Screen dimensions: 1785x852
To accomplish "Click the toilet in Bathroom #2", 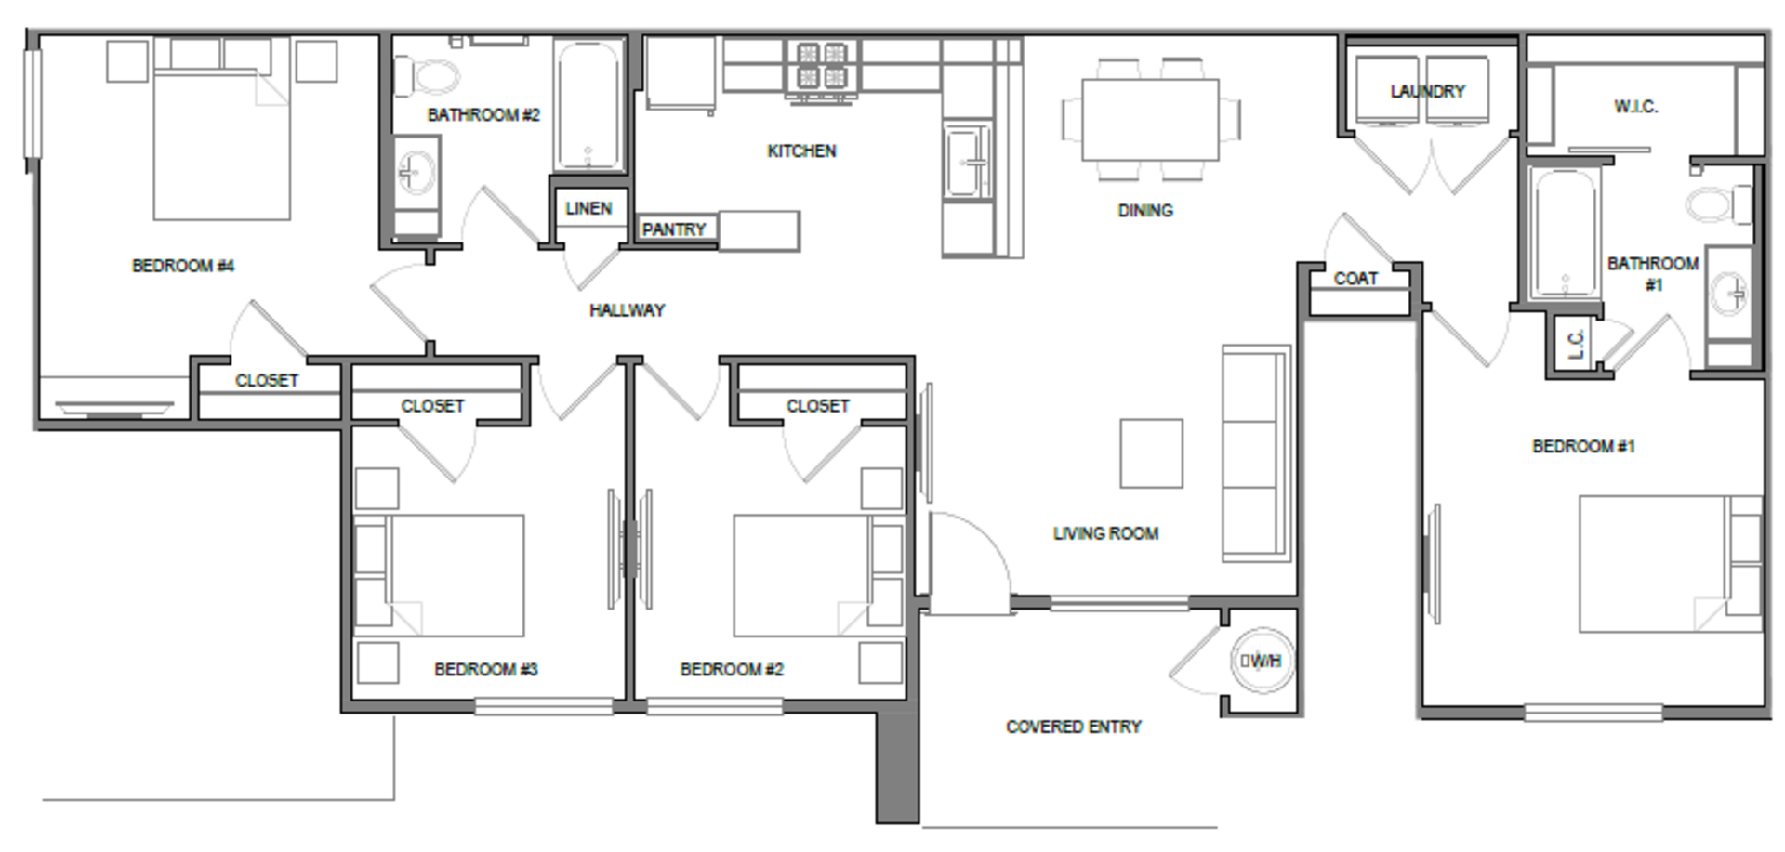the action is [427, 76].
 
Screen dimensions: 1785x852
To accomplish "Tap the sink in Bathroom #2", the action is [415, 172].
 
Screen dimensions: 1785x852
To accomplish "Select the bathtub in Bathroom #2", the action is [588, 104].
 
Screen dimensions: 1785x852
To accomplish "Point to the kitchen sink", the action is [968, 163].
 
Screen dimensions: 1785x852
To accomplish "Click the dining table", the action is [1151, 119].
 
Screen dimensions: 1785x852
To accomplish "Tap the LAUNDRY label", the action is [1427, 91].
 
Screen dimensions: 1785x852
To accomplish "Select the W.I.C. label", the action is [1635, 107].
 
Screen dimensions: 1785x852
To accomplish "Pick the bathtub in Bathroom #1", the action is [1566, 232].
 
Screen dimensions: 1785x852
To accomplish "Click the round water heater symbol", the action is [1261, 661].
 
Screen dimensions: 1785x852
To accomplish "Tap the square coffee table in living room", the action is [1151, 453].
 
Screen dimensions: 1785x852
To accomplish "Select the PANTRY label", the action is [674, 229].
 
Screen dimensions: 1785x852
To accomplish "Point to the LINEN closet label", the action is [588, 208].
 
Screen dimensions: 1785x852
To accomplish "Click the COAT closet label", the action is [1355, 279].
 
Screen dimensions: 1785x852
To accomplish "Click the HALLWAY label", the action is [628, 310].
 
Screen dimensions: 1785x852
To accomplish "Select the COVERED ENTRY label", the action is [1074, 727].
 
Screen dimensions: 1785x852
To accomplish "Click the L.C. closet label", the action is [1576, 345].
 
